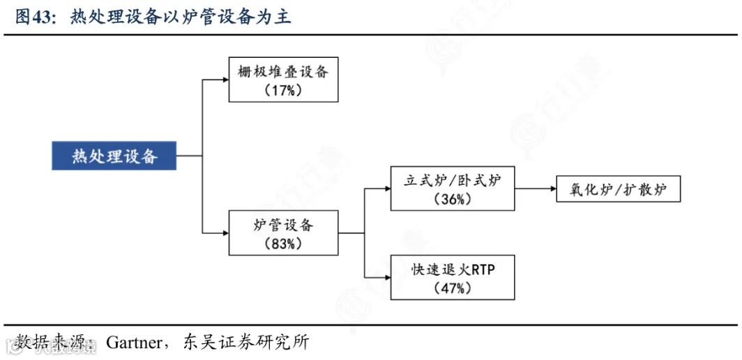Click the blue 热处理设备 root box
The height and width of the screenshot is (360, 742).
[x=114, y=156]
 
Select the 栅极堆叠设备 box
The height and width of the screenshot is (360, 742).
[x=283, y=80]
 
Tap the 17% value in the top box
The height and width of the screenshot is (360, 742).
[x=283, y=91]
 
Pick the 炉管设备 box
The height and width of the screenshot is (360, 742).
[x=283, y=233]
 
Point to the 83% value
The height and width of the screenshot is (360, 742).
[x=283, y=244]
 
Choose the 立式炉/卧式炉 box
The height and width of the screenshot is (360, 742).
[x=453, y=188]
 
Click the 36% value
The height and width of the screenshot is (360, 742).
[x=453, y=200]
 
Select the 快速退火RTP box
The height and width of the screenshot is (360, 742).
[x=453, y=277]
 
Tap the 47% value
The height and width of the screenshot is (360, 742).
[x=453, y=288]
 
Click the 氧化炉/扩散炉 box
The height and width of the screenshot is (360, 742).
[x=618, y=189]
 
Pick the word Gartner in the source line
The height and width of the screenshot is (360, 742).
[x=134, y=343]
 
